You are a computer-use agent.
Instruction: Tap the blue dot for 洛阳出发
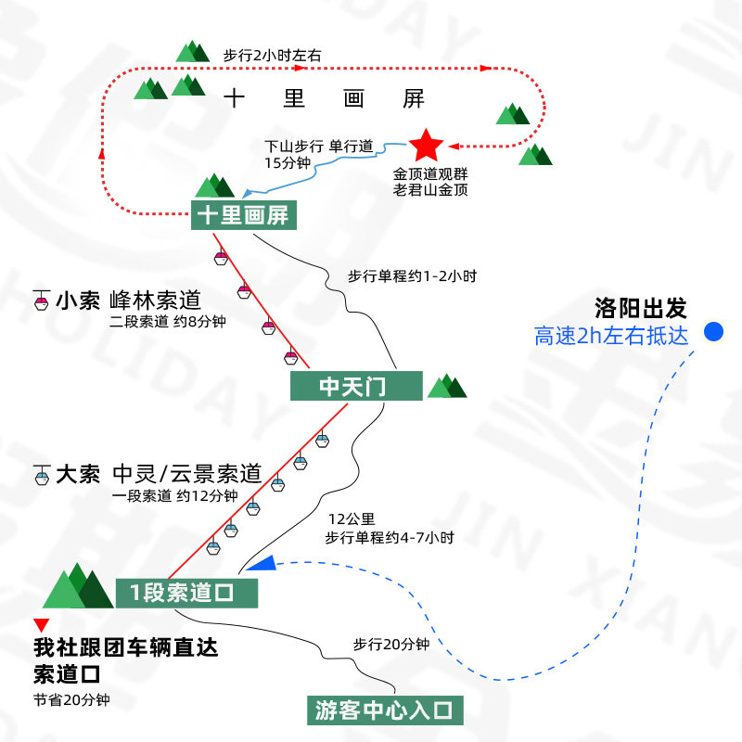[x=713, y=331]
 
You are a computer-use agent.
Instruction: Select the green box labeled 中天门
[x=352, y=387]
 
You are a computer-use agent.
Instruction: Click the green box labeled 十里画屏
[x=243, y=216]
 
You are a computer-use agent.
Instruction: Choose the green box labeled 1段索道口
[x=186, y=593]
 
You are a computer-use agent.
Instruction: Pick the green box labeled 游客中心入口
[x=384, y=711]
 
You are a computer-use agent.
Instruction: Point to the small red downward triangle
[x=39, y=626]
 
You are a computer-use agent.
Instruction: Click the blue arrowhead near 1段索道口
[x=262, y=562]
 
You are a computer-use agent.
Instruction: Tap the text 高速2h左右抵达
[x=612, y=336]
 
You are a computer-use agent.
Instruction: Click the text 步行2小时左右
[x=273, y=55]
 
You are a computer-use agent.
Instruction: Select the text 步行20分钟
[x=390, y=645]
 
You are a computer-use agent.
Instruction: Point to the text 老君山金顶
[x=430, y=190]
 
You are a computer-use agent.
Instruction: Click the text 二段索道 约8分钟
[x=167, y=322]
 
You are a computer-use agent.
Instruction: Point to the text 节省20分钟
[x=71, y=699]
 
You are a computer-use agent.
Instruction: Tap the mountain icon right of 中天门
[x=447, y=386]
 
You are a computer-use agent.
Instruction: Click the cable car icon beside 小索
[x=42, y=300]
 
